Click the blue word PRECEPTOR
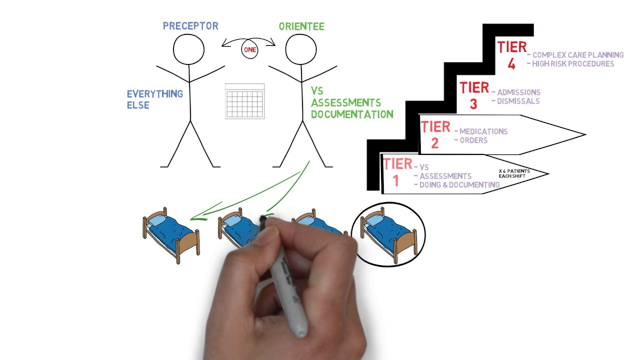tap(190, 26)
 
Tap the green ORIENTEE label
tap(301, 26)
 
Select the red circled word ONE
tap(250, 49)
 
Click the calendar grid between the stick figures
tap(244, 101)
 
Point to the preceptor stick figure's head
tap(188, 49)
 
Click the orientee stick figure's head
tap(301, 49)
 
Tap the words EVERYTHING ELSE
tap(155, 99)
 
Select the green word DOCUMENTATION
tap(352, 114)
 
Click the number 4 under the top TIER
tap(511, 64)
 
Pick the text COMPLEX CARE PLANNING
tap(578, 55)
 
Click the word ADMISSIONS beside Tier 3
tap(518, 92)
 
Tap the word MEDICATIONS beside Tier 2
tap(483, 131)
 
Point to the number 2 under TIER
tap(435, 143)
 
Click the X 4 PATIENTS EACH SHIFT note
tap(514, 173)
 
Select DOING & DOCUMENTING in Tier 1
tap(459, 185)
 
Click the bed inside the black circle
tap(388, 234)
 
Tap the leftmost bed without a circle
tap(171, 235)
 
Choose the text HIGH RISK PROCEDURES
tap(573, 63)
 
